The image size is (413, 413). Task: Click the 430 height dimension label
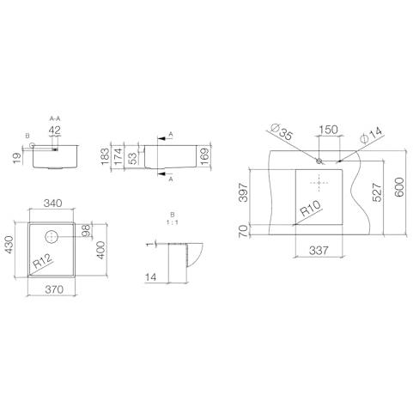point(9,245)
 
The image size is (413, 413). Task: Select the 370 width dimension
point(54,289)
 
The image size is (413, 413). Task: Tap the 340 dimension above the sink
point(52,203)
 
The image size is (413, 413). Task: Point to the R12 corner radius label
point(43,261)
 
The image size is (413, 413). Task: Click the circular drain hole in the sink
point(52,236)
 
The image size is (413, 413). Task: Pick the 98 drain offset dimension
point(86,230)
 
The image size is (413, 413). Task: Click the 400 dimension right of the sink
point(100,251)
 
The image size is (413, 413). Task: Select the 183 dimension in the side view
point(105,156)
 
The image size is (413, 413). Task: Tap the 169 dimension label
point(205,156)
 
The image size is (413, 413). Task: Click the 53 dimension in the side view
point(132,159)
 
